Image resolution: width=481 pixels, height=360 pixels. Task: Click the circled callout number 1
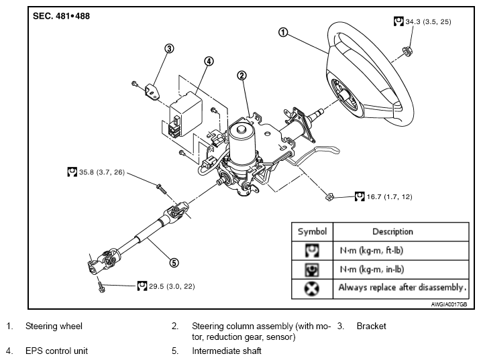pyautogui.click(x=283, y=32)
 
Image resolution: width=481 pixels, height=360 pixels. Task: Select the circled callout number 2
pyautogui.click(x=242, y=76)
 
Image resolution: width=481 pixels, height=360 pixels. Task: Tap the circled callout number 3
pyautogui.click(x=169, y=48)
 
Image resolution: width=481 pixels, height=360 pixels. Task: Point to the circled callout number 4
pyautogui.click(x=209, y=61)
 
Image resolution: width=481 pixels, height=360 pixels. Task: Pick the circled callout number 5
pyautogui.click(x=174, y=263)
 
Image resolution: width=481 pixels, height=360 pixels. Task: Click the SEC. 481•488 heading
pyautogui.click(x=61, y=16)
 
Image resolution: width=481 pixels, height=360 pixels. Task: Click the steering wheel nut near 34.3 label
pyautogui.click(x=407, y=51)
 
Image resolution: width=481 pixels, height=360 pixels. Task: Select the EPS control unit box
pyautogui.click(x=186, y=114)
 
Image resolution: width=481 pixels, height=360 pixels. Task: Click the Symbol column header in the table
pyautogui.click(x=312, y=231)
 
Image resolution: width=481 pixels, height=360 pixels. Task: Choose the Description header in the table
pyautogui.click(x=392, y=231)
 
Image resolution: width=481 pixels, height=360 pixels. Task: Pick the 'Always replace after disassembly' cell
pyautogui.click(x=402, y=288)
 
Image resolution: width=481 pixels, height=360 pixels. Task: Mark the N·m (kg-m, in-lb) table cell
pyautogui.click(x=372, y=269)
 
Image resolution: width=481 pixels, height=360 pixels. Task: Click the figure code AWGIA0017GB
pyautogui.click(x=449, y=304)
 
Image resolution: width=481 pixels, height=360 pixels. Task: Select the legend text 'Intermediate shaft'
pyautogui.click(x=227, y=351)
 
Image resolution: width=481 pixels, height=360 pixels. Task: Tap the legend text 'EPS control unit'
pyautogui.click(x=57, y=351)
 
